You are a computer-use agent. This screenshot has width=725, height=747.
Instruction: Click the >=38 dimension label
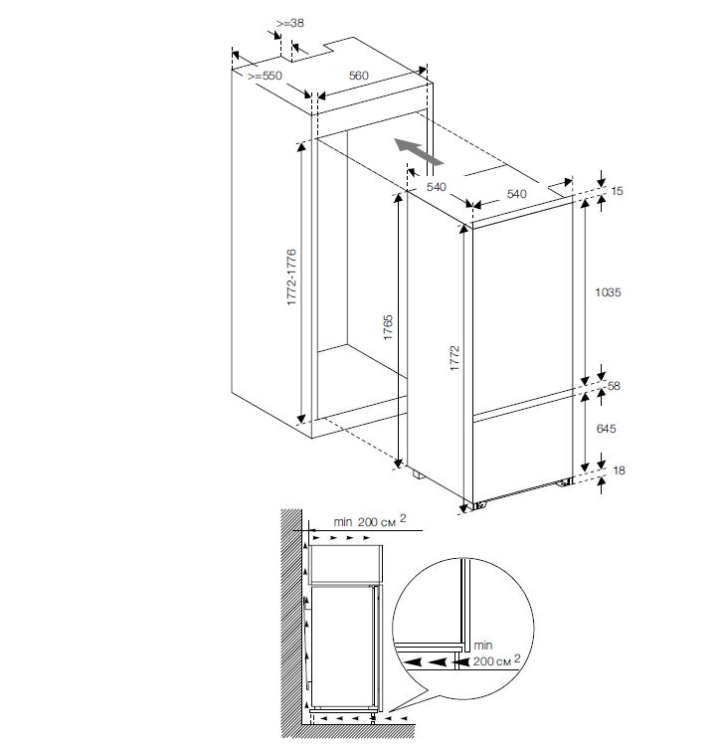point(290,23)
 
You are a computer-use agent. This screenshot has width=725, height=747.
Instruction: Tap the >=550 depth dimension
point(265,76)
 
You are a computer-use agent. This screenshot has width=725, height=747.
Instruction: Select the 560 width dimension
point(359,76)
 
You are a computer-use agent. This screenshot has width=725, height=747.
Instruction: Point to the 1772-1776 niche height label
point(291,277)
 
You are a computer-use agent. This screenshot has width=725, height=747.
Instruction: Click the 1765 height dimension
point(388,327)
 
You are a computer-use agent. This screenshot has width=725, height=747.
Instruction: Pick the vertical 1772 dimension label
point(454,358)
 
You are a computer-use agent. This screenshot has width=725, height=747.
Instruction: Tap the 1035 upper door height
point(608,292)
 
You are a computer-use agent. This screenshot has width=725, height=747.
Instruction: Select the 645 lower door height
point(606,429)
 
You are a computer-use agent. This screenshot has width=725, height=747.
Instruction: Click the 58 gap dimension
point(614,385)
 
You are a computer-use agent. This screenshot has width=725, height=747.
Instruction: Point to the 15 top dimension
point(617,191)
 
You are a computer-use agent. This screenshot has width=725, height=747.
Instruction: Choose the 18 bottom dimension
point(619,470)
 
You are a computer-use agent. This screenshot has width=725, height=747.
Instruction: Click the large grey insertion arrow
point(419,151)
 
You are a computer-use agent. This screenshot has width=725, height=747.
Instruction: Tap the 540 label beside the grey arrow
point(437,187)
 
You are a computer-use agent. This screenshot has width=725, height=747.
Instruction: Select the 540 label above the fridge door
point(517,193)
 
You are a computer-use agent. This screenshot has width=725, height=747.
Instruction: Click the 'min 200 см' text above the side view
point(370,520)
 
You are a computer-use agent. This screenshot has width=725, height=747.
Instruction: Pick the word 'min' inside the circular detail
point(483,646)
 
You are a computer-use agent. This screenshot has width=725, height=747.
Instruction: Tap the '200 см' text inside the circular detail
point(496,660)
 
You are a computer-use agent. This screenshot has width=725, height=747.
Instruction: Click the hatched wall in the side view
point(291,620)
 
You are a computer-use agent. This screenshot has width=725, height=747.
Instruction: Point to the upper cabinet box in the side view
point(346,565)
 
